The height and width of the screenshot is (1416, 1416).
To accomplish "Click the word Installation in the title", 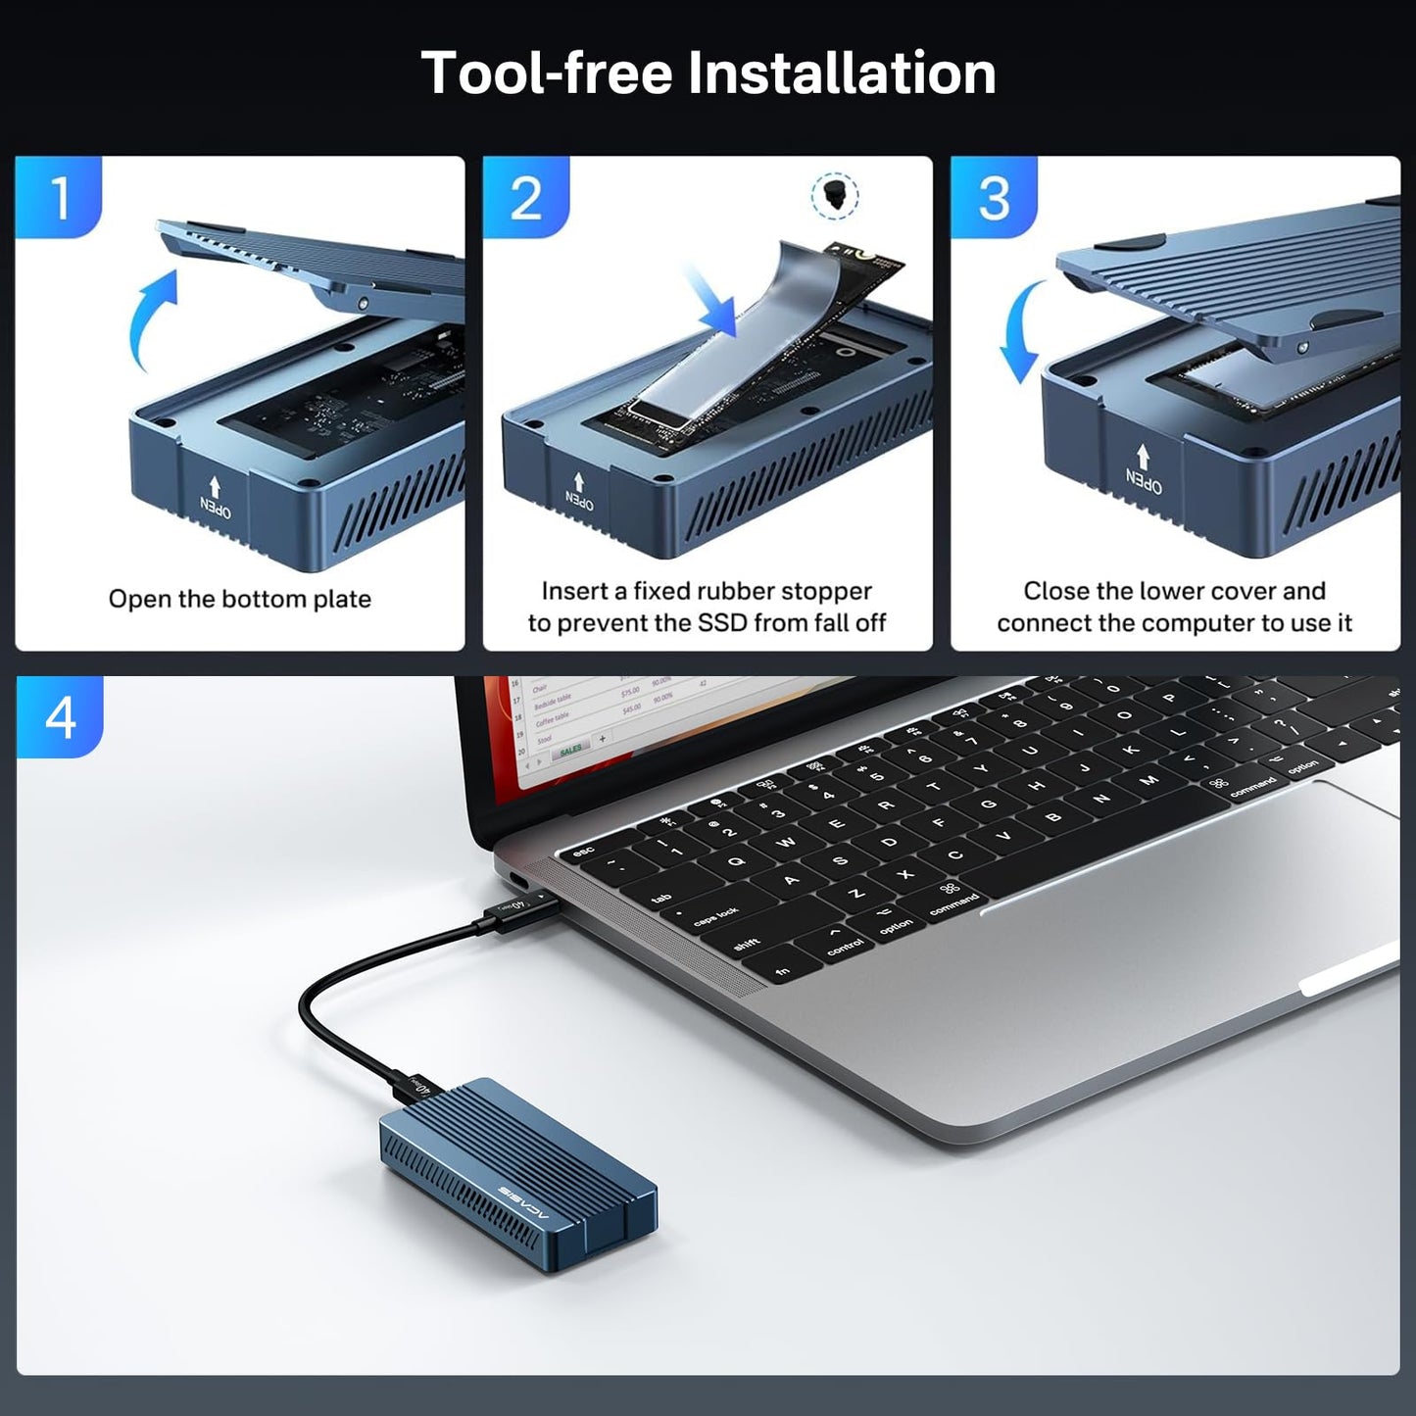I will (x=841, y=73).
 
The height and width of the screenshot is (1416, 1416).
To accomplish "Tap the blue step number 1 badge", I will (x=59, y=197).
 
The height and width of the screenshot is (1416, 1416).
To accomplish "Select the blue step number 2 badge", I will (x=526, y=197).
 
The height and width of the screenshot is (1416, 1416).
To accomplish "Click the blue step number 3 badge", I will (x=994, y=197).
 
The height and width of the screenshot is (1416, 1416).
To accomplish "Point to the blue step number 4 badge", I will (x=60, y=716).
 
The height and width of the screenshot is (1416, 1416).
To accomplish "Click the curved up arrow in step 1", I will (x=152, y=318).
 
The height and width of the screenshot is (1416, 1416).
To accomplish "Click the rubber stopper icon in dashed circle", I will (x=835, y=194).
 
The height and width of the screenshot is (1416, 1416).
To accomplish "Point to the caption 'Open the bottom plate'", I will (x=240, y=599).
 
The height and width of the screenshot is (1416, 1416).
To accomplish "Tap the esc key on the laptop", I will (x=584, y=853).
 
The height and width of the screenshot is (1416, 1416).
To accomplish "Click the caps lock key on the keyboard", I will (x=716, y=916).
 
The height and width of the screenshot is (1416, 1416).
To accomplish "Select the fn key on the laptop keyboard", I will (x=783, y=971).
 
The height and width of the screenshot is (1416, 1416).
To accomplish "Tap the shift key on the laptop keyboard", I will (x=747, y=944).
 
